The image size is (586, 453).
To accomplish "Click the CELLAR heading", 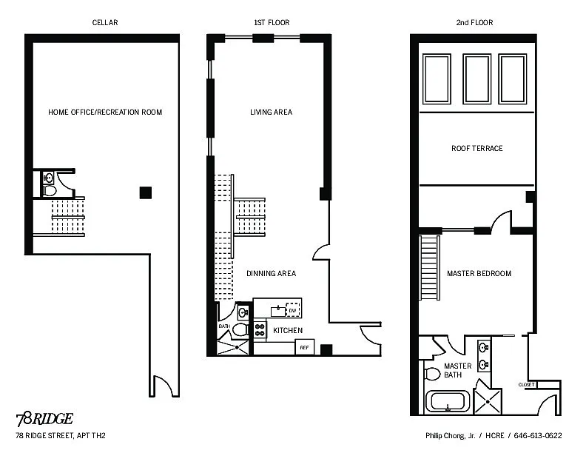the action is [105, 22].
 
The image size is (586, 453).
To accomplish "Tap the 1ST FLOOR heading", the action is [272, 22].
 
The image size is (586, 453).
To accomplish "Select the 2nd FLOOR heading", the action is [474, 22].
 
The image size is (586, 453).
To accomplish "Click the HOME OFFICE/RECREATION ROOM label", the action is [105, 112].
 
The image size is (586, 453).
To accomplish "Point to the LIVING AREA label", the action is [272, 112].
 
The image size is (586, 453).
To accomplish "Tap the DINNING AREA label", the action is [272, 274].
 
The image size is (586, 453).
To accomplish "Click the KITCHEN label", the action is [288, 330].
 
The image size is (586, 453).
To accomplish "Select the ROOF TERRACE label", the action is [477, 148].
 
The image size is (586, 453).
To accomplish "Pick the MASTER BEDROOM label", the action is [479, 274].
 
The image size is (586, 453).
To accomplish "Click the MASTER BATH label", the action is [457, 370].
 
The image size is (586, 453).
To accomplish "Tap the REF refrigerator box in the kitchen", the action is [305, 347].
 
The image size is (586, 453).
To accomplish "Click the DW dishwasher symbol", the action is [293, 310].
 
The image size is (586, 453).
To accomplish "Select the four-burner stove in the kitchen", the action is [260, 330].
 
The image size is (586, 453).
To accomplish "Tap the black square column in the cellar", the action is [146, 193].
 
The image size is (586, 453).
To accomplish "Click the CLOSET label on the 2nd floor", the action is [527, 385].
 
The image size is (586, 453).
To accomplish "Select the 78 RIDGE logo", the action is [44, 420].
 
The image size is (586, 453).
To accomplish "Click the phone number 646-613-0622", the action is [538, 435].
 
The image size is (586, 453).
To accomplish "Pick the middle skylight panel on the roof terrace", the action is [477, 78].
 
